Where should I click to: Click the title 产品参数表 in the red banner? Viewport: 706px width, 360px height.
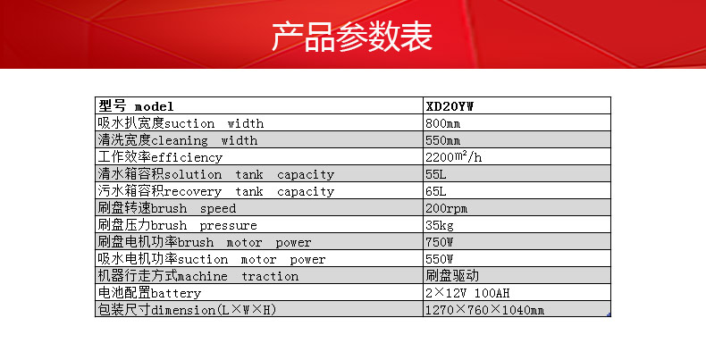pos(351,36)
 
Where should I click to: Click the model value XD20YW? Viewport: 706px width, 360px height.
pos(450,106)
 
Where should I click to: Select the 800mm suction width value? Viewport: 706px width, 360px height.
pos(443,123)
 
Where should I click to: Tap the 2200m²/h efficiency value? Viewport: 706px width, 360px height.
pos(454,157)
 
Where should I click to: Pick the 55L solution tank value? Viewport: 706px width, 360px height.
pos(436,174)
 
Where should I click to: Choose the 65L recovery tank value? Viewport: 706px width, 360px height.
pos(436,191)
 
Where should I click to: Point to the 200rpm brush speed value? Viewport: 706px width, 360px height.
pos(447,208)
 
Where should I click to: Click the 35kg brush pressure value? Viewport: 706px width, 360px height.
pos(440,225)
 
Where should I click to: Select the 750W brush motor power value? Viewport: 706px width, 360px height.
pos(440,242)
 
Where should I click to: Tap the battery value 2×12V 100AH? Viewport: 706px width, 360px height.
pos(467,293)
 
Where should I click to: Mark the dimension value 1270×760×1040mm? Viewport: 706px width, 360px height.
pos(485,310)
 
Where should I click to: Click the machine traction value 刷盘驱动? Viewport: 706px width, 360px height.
pos(452,275)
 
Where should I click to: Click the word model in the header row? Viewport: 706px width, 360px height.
pos(154,106)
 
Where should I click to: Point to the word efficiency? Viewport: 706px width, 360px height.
pos(187,157)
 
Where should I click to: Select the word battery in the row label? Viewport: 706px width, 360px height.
pos(176,293)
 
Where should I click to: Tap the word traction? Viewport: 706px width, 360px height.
pos(270,276)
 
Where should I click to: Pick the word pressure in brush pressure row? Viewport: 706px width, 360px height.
pos(228,225)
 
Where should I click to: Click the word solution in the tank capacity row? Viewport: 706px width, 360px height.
pos(193,174)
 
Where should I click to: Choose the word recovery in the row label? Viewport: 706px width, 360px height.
pos(193,192)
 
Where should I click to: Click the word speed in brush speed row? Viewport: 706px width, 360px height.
pos(218,209)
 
